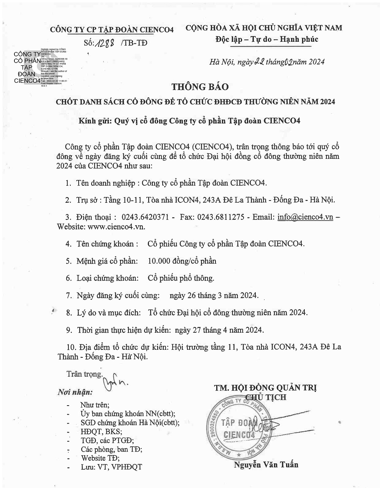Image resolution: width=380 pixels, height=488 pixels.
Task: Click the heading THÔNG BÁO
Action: pyautogui.click(x=200, y=87)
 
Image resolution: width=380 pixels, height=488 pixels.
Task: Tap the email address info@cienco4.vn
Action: pyautogui.click(x=305, y=217)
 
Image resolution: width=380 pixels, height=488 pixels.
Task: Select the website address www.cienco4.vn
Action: pyautogui.click(x=116, y=227)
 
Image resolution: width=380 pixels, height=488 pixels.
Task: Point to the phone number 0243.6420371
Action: pyautogui.click(x=145, y=217)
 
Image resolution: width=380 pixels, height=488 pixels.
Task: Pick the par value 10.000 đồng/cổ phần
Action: pyautogui.click(x=182, y=261)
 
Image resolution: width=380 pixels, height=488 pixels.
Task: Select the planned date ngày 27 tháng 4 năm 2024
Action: pyautogui.click(x=219, y=330)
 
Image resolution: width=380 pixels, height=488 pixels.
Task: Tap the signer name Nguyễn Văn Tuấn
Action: pyautogui.click(x=266, y=464)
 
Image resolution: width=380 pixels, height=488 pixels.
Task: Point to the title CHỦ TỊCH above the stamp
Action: pyautogui.click(x=266, y=397)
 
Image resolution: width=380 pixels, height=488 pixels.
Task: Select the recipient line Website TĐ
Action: pyautogui.click(x=100, y=458)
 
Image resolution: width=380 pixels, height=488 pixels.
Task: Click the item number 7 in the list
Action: pyautogui.click(x=69, y=295)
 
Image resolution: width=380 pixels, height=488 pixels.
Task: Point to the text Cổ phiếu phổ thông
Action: pyautogui.click(x=181, y=278)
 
